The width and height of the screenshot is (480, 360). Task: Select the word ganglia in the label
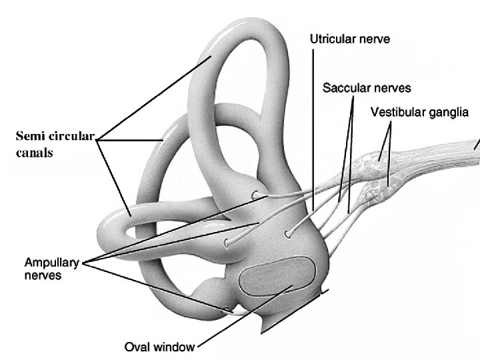coord(448,112)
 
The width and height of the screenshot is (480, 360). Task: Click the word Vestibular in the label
coord(397,112)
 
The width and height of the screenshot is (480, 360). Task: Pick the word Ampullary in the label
coord(53,262)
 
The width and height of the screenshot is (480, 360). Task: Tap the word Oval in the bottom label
coord(138,347)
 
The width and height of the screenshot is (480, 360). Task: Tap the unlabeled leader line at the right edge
coord(477,143)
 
